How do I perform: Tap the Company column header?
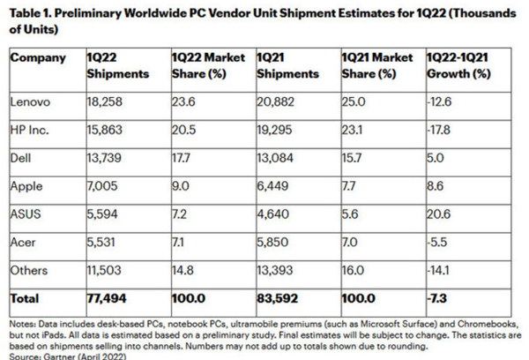(38, 58)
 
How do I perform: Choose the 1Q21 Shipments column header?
(285, 66)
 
